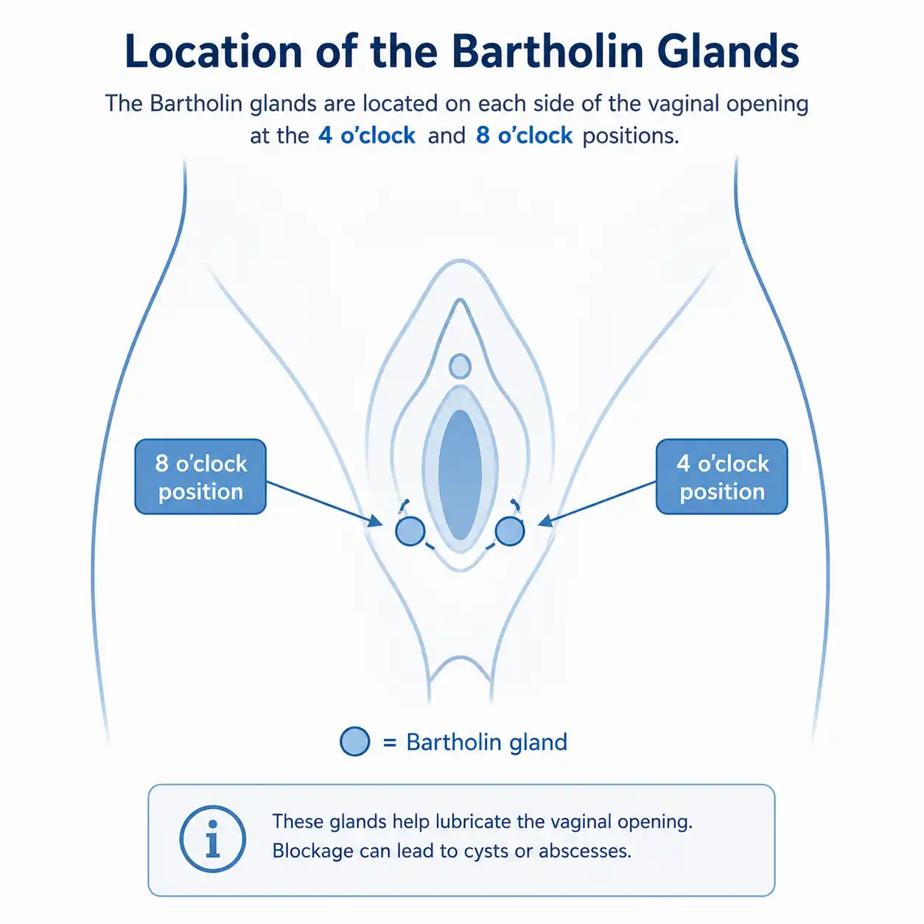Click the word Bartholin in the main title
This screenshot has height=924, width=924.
(547, 52)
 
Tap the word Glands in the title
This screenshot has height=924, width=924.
(728, 52)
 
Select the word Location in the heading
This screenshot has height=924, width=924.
(214, 52)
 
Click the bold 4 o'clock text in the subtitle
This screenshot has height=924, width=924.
(367, 136)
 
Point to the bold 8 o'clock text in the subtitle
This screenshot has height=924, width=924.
(524, 136)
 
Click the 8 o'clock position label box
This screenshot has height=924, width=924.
(200, 477)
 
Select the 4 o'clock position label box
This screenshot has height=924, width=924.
(721, 477)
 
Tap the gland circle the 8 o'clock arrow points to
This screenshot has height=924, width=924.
(410, 531)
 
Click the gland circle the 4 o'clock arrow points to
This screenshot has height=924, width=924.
(509, 531)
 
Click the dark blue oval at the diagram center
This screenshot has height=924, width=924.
(460, 475)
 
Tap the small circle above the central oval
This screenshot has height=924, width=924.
(460, 366)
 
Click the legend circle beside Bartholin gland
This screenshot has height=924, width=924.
(355, 741)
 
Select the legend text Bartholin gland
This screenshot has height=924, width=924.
(487, 742)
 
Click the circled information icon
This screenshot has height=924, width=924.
(212, 839)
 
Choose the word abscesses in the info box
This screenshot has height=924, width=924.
(585, 851)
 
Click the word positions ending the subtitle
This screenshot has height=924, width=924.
(631, 136)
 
